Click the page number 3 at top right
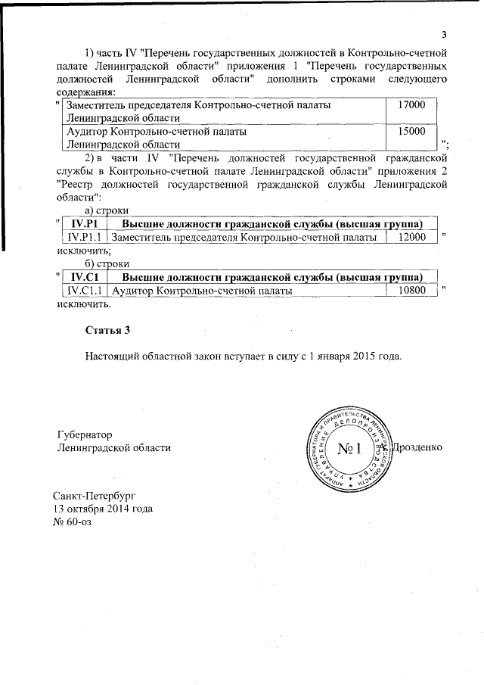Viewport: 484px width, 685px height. [x=445, y=33]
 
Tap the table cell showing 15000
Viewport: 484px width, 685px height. [x=412, y=131]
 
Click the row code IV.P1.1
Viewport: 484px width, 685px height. [x=84, y=238]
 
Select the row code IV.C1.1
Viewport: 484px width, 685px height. [x=84, y=290]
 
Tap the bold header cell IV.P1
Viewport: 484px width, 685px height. [x=84, y=224]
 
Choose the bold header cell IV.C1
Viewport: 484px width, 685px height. [x=84, y=276]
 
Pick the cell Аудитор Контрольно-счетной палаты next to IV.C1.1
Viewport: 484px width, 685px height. [x=200, y=290]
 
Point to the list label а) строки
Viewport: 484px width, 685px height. [x=106, y=210]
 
